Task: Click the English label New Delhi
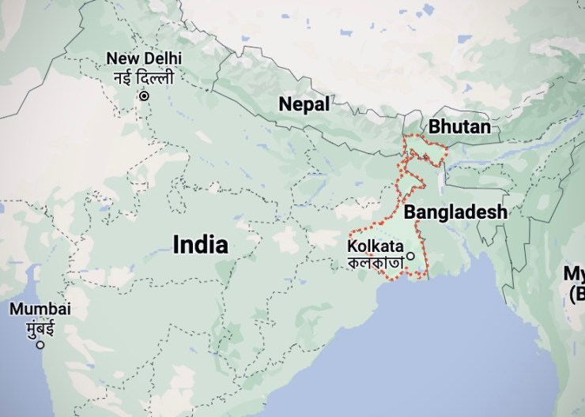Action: click(144, 58)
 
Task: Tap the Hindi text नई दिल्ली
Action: click(144, 77)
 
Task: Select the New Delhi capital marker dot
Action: click(144, 96)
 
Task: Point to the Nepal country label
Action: click(304, 104)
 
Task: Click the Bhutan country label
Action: click(459, 126)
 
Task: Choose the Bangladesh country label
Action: click(455, 212)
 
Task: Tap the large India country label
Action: click(201, 244)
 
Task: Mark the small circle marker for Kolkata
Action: click(410, 255)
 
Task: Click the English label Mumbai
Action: click(40, 309)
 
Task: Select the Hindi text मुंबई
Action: click(40, 326)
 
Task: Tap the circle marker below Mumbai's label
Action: click(40, 344)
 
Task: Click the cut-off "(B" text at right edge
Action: click(576, 295)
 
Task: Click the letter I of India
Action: click(175, 244)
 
